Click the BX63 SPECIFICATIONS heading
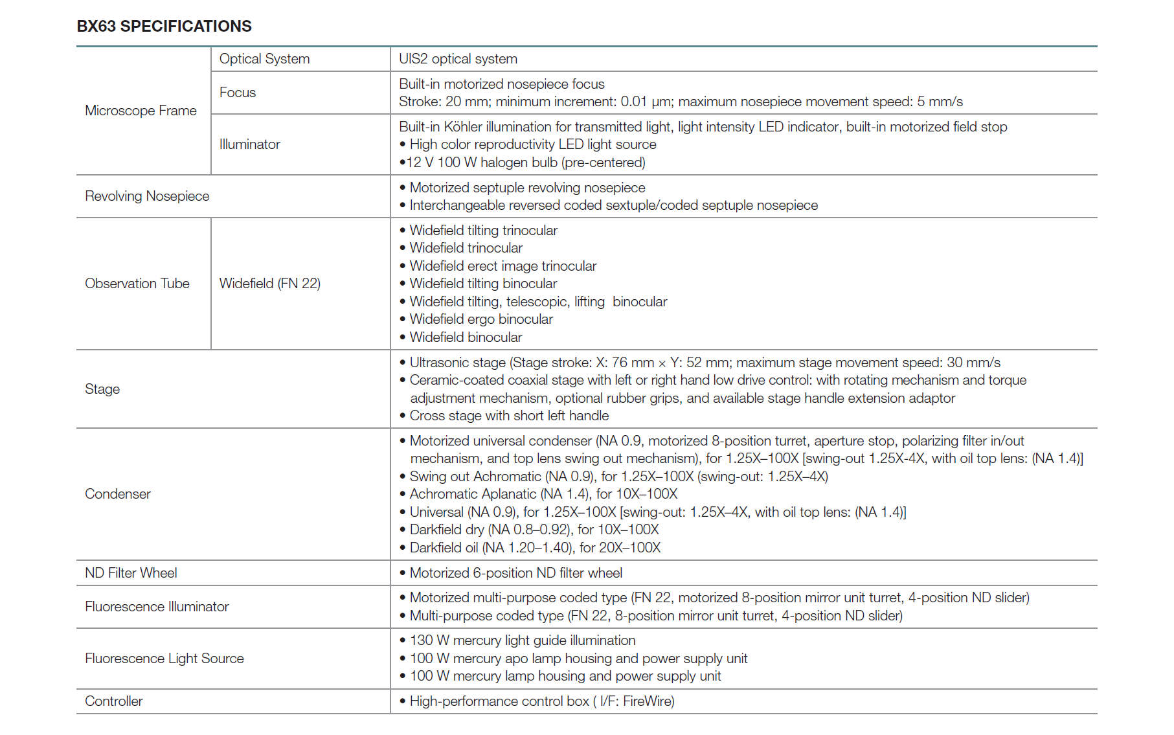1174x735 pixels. pyautogui.click(x=164, y=26)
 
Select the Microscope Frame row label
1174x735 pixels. pyautogui.click(x=141, y=111)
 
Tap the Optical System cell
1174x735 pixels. pyautogui.click(x=264, y=59)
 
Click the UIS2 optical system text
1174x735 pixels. pyautogui.click(x=458, y=59)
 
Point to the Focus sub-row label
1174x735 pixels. pyautogui.click(x=238, y=93)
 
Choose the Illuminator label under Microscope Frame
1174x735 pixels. pyautogui.click(x=249, y=144)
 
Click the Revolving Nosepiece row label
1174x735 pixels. pyautogui.click(x=147, y=196)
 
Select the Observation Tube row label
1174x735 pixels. pyautogui.click(x=137, y=284)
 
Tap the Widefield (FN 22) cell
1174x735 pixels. pyautogui.click(x=269, y=284)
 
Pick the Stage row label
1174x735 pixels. pyautogui.click(x=102, y=389)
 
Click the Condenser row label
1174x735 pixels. pyautogui.click(x=117, y=494)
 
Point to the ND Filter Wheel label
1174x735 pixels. pyautogui.click(x=131, y=573)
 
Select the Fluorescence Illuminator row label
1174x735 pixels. pyautogui.click(x=157, y=607)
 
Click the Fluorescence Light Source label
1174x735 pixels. pyautogui.click(x=164, y=659)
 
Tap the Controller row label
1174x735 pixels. pyautogui.click(x=113, y=701)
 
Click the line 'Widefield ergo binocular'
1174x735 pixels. pyautogui.click(x=480, y=319)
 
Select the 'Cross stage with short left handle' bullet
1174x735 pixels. pyautogui.click(x=508, y=416)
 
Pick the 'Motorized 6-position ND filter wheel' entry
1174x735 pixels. pyautogui.click(x=515, y=573)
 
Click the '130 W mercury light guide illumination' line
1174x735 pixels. pyautogui.click(x=522, y=640)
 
